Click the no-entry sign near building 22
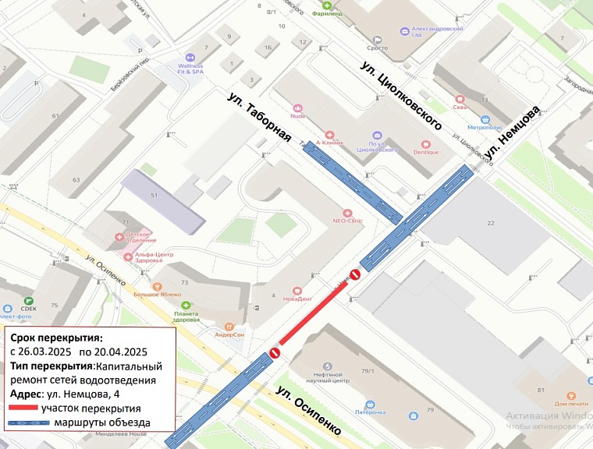tap(354, 274)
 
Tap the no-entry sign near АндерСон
tap(275, 353)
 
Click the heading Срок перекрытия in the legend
tap(55, 338)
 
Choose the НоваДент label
tap(297, 299)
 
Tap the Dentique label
tap(426, 152)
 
